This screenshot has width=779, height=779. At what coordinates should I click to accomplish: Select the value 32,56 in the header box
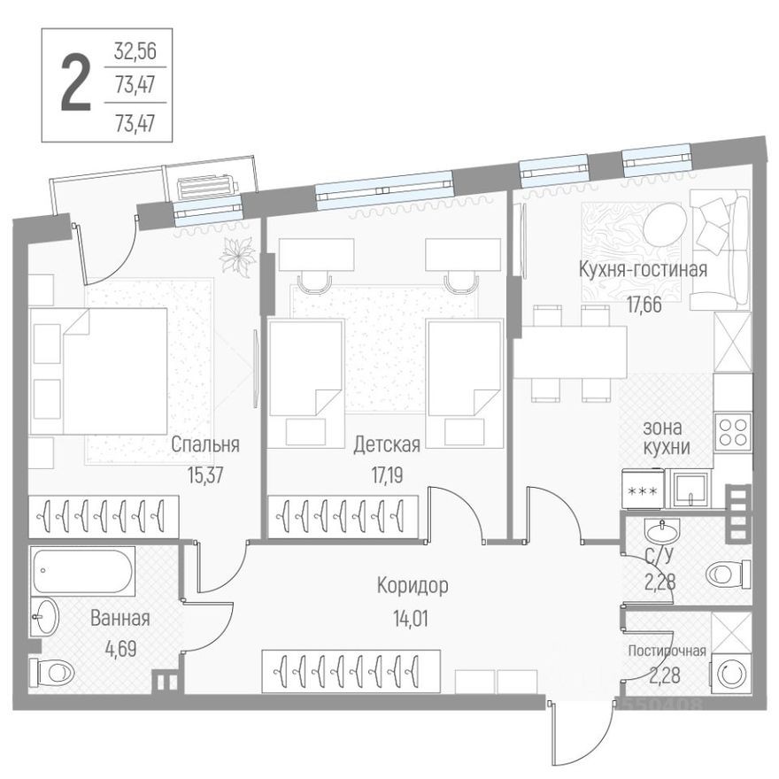point(135,51)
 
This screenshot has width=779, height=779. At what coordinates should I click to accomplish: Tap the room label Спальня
point(205,443)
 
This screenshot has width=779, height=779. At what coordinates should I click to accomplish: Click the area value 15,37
point(204,474)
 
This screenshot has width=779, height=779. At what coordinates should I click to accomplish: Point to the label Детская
point(387,443)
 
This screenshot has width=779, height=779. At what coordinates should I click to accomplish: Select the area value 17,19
point(387,474)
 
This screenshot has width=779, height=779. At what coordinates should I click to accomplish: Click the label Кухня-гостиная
point(643,269)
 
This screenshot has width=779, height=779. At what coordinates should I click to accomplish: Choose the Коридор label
point(412,585)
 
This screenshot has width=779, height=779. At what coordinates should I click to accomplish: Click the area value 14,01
point(413,618)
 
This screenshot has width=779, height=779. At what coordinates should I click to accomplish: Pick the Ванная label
point(120,619)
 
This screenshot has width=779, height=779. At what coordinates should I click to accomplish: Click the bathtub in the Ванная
point(82,570)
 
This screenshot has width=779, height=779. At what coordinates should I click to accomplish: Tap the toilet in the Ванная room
point(53,672)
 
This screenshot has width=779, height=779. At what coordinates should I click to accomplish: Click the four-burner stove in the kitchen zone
point(733,431)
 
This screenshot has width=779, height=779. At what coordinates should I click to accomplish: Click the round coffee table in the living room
point(664,226)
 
